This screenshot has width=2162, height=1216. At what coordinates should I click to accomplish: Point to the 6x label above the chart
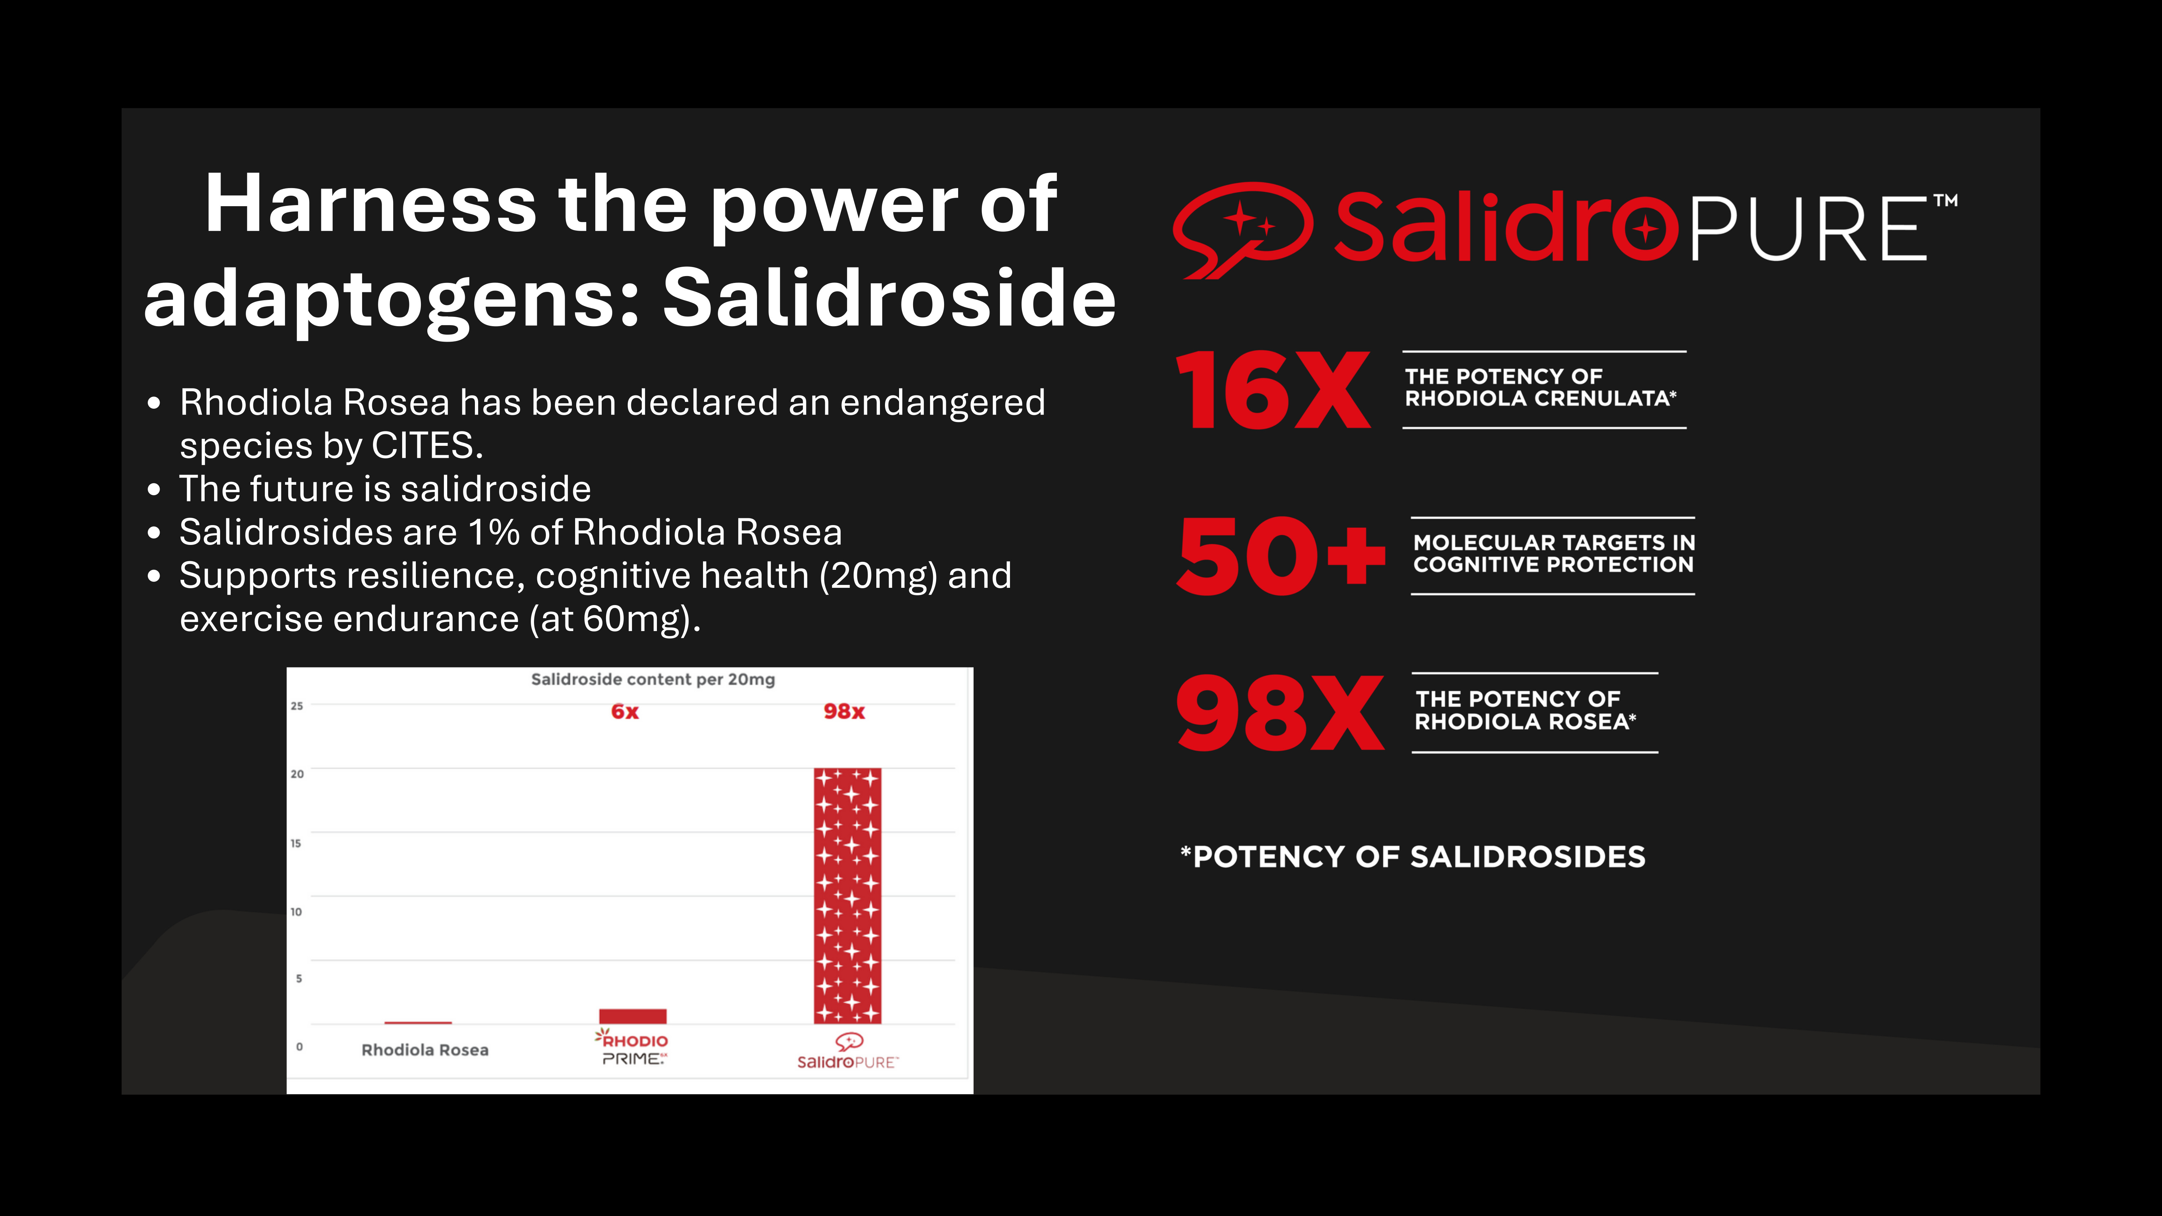click(x=624, y=712)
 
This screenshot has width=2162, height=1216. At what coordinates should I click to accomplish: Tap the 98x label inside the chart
click(x=844, y=712)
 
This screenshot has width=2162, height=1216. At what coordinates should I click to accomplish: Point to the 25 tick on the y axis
click(x=297, y=706)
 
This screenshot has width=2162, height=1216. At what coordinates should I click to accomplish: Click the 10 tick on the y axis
click(x=296, y=911)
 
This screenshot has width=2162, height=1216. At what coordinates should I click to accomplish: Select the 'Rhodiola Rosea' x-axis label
click(x=425, y=1050)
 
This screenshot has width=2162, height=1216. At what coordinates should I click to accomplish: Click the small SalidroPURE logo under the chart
click(x=848, y=1052)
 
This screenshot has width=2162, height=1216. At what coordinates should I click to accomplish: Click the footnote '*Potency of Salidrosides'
click(x=1413, y=857)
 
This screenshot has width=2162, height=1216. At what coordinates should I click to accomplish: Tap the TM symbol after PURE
click(x=1945, y=201)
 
